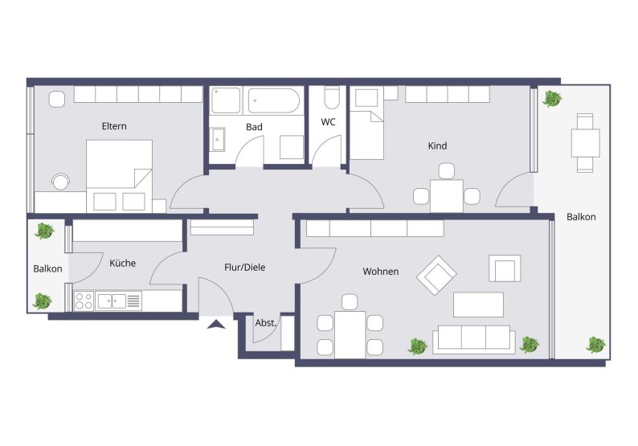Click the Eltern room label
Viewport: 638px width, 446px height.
(x=114, y=126)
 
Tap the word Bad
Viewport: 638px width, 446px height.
(x=254, y=127)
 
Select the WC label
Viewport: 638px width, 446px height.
(x=328, y=122)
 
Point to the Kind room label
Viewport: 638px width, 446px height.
(x=437, y=145)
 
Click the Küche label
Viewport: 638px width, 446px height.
(x=122, y=263)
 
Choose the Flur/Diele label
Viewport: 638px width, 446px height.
(x=244, y=268)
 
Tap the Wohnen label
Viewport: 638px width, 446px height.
(x=380, y=272)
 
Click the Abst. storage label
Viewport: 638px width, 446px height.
(x=266, y=323)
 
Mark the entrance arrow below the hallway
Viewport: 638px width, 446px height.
(x=216, y=325)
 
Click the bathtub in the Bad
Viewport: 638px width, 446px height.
(x=274, y=100)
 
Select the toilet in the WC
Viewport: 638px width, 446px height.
(x=332, y=98)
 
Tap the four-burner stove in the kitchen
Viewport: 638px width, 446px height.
(x=84, y=301)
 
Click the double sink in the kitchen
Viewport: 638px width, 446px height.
(x=112, y=301)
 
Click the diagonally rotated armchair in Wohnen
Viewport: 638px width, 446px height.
(x=436, y=275)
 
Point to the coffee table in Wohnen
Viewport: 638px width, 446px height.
(x=478, y=305)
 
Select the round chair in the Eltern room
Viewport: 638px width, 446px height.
(x=61, y=182)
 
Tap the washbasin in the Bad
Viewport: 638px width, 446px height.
(x=218, y=139)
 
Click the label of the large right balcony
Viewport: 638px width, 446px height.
(x=581, y=217)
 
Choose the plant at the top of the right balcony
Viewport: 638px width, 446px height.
(x=552, y=99)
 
